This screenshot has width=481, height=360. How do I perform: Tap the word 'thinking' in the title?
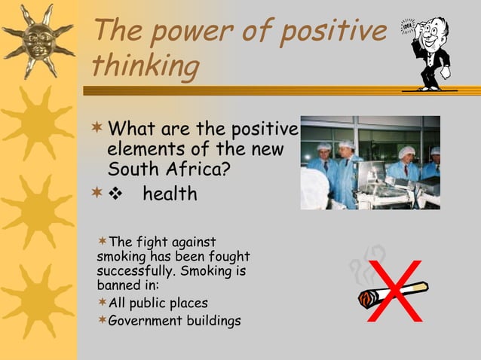tap(145, 66)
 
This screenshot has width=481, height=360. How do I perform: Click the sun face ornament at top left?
tap(38, 39)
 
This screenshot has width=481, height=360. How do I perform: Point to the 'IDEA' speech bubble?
tap(408, 26)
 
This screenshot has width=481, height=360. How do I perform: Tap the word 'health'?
tap(170, 194)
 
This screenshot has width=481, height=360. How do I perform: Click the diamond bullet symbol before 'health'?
tap(117, 194)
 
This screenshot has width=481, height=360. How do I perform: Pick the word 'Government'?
tap(142, 321)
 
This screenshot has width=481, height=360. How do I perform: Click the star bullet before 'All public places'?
tap(103, 303)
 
